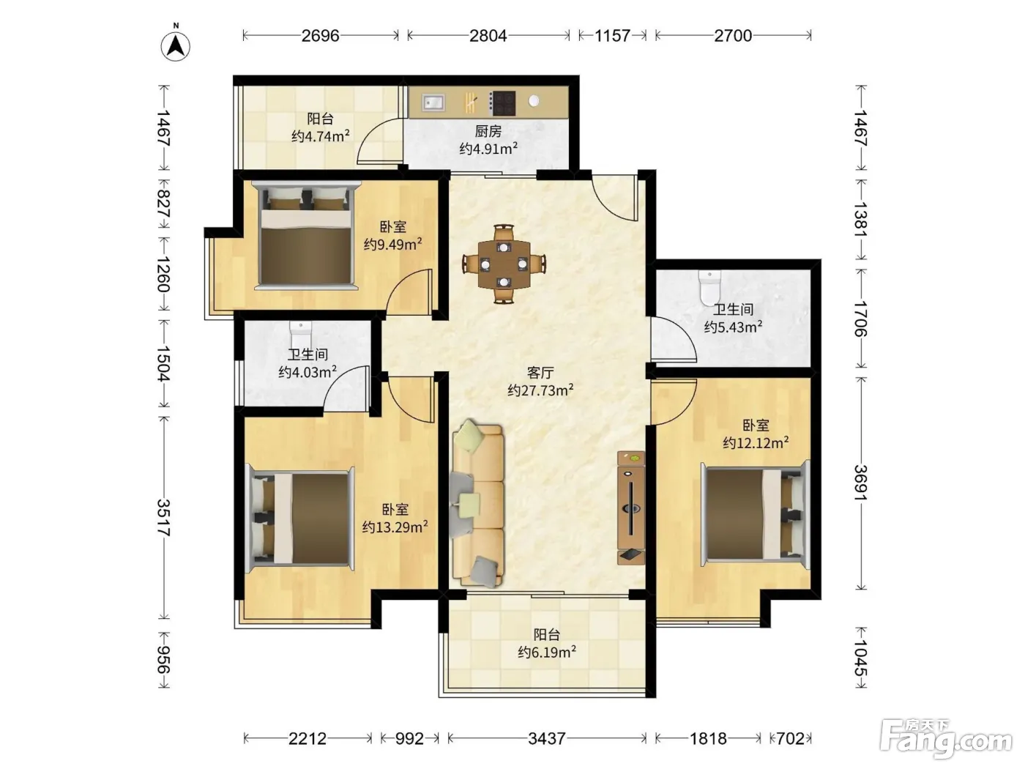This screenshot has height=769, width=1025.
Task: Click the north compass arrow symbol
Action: click(176, 45)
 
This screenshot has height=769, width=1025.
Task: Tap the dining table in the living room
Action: click(504, 264)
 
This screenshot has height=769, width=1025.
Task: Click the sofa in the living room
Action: click(477, 503)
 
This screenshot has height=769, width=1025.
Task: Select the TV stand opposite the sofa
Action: click(631, 508)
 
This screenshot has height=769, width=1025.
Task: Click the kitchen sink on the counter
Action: click(433, 102)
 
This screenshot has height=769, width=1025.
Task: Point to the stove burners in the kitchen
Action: click(502, 103)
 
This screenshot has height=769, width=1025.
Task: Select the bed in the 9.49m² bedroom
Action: click(306, 235)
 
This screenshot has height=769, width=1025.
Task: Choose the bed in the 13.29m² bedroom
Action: click(299, 519)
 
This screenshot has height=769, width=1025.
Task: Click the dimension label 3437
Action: click(547, 738)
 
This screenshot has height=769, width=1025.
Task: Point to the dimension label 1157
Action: click(612, 35)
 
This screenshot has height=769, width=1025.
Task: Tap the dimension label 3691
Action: click(860, 483)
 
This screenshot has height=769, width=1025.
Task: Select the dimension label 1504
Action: click(163, 363)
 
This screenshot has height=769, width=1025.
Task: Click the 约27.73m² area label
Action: click(540, 390)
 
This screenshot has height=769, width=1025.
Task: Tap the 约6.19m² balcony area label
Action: click(546, 652)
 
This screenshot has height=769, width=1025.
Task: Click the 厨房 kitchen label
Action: click(488, 131)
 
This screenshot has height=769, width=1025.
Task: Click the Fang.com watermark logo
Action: click(946, 738)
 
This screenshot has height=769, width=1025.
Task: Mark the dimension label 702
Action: click(790, 738)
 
